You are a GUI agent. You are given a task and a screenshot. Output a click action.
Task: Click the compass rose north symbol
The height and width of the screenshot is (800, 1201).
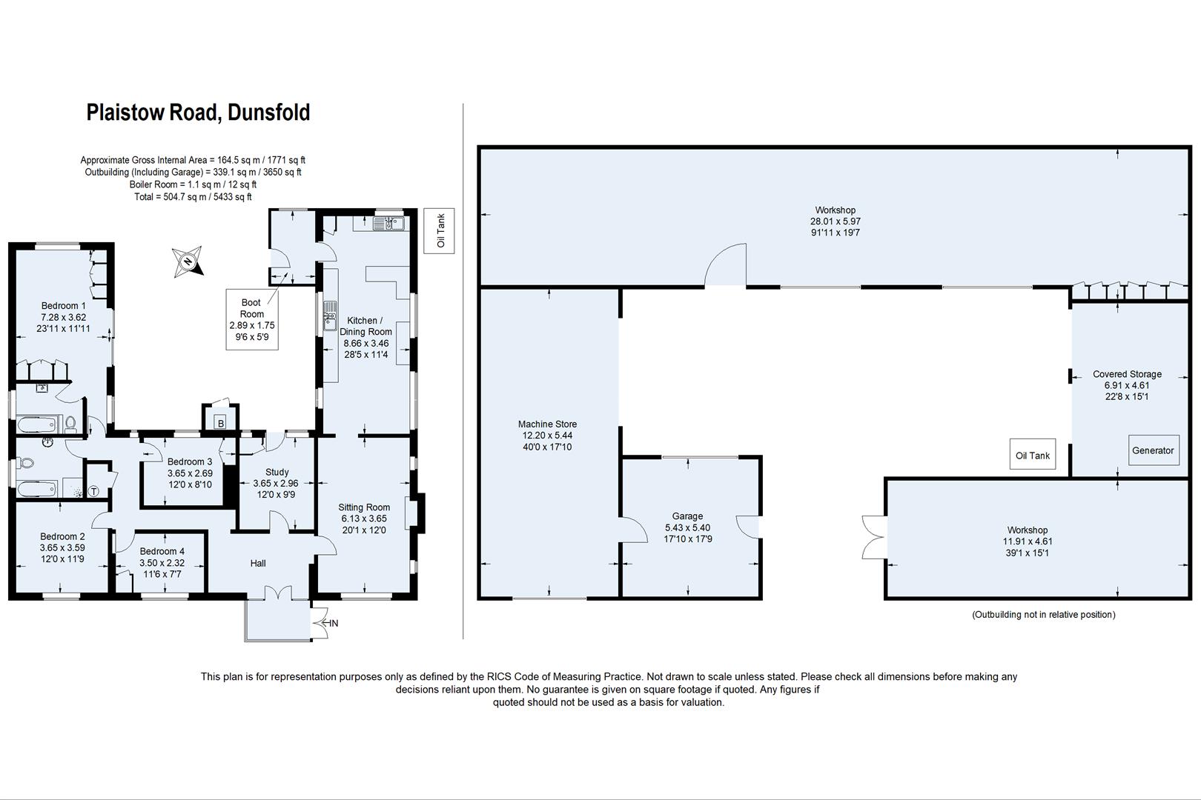[x=188, y=261]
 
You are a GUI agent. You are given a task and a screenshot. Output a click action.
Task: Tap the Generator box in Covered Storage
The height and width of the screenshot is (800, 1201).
[x=1153, y=450]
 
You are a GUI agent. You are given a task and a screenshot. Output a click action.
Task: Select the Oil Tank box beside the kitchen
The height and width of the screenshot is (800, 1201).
[x=440, y=231]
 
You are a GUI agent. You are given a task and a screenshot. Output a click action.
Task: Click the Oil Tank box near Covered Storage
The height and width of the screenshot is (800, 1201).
[x=1032, y=456]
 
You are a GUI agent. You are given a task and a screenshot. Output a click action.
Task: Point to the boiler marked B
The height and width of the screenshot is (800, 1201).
[x=220, y=424]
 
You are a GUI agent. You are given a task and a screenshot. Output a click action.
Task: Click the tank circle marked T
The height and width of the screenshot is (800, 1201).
[x=94, y=490]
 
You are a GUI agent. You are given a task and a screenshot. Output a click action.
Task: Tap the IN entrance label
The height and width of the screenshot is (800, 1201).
[x=334, y=624]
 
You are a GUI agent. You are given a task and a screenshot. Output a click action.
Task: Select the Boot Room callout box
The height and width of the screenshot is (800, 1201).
[x=251, y=319]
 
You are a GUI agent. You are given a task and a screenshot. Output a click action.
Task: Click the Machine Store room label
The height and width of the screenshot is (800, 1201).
[x=547, y=424]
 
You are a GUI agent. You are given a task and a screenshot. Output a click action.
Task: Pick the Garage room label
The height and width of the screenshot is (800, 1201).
[x=687, y=516]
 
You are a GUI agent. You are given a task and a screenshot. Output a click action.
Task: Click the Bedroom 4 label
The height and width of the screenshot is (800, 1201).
[x=162, y=551]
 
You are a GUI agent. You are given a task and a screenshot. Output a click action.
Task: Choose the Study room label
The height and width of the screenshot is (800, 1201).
[x=277, y=472]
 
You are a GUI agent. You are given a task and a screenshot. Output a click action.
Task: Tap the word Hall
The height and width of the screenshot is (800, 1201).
[x=257, y=563]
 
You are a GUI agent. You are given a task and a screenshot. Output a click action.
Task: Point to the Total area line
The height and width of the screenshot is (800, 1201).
[x=192, y=197]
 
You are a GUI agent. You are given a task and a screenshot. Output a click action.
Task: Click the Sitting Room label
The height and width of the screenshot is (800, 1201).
[x=363, y=507]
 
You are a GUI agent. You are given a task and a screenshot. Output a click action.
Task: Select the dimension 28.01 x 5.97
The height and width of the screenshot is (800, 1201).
[x=835, y=221]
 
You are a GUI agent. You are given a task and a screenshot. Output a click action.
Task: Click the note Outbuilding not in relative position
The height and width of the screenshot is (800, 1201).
[x=1043, y=614]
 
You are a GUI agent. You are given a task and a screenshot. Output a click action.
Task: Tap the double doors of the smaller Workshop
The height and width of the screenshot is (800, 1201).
[x=873, y=536]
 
